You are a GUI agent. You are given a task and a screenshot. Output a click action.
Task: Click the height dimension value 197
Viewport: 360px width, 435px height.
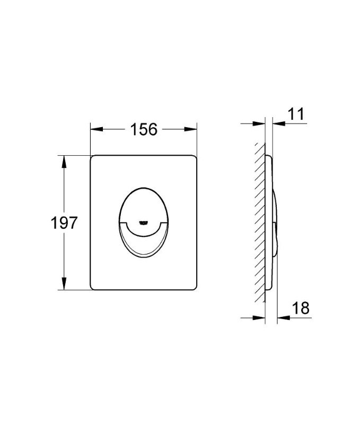65,223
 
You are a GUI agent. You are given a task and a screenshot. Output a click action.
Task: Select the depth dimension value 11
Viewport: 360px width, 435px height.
297,114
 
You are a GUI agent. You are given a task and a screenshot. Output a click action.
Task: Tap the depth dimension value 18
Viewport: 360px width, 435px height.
300,308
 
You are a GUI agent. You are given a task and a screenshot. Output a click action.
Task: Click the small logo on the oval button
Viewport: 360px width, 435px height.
143,222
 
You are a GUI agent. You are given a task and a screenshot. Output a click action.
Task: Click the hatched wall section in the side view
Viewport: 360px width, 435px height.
259,223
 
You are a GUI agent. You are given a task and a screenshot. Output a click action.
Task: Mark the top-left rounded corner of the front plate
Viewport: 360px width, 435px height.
93,158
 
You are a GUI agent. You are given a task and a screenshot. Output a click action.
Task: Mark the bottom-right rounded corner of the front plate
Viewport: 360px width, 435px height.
194,288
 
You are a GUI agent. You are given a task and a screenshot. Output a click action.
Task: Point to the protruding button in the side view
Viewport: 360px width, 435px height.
275,223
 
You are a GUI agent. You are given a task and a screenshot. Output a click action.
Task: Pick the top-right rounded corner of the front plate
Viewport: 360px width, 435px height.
194,158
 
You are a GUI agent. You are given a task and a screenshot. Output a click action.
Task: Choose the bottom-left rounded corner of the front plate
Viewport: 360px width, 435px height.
93,288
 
